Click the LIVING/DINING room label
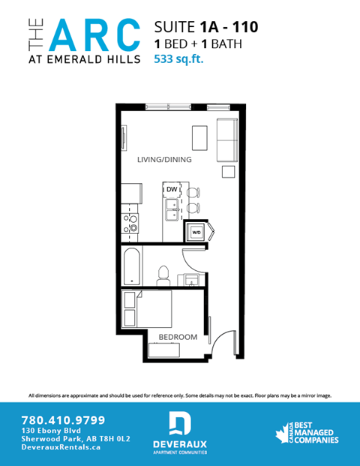[x=164, y=160]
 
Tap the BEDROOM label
[x=177, y=337]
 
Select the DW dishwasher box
[x=172, y=188]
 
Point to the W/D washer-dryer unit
[x=196, y=232]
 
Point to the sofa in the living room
[x=226, y=140]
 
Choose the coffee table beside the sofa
[x=199, y=137]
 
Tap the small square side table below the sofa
[x=226, y=172]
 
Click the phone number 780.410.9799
[x=63, y=419]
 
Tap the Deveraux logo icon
[x=179, y=424]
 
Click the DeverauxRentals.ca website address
[x=61, y=447]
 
